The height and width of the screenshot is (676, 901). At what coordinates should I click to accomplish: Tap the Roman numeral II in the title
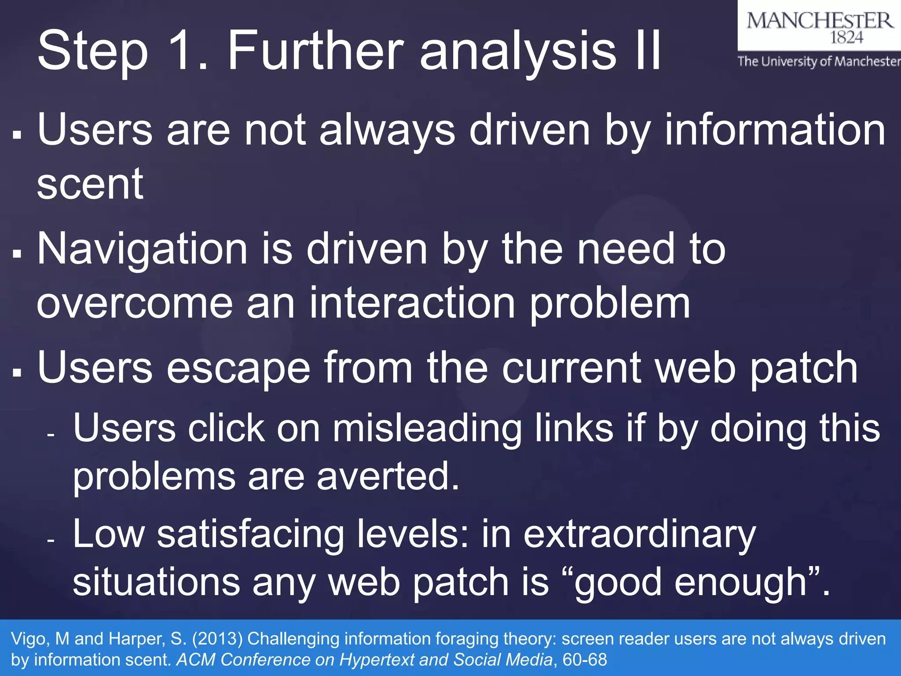[648, 50]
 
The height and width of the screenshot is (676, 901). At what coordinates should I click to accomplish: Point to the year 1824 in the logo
[847, 38]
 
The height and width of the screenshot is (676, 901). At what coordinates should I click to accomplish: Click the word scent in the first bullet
[90, 184]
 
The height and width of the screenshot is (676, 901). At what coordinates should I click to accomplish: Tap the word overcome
[135, 303]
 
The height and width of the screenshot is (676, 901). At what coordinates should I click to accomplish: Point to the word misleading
[427, 429]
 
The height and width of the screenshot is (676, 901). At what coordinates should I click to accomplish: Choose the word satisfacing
[251, 534]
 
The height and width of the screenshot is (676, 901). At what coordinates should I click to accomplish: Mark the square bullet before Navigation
[17, 254]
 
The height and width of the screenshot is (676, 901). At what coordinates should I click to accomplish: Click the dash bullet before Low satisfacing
[51, 540]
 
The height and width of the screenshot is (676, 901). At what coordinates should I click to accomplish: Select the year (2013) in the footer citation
[217, 639]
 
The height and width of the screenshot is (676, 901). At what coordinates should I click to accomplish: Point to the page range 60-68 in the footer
[585, 660]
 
